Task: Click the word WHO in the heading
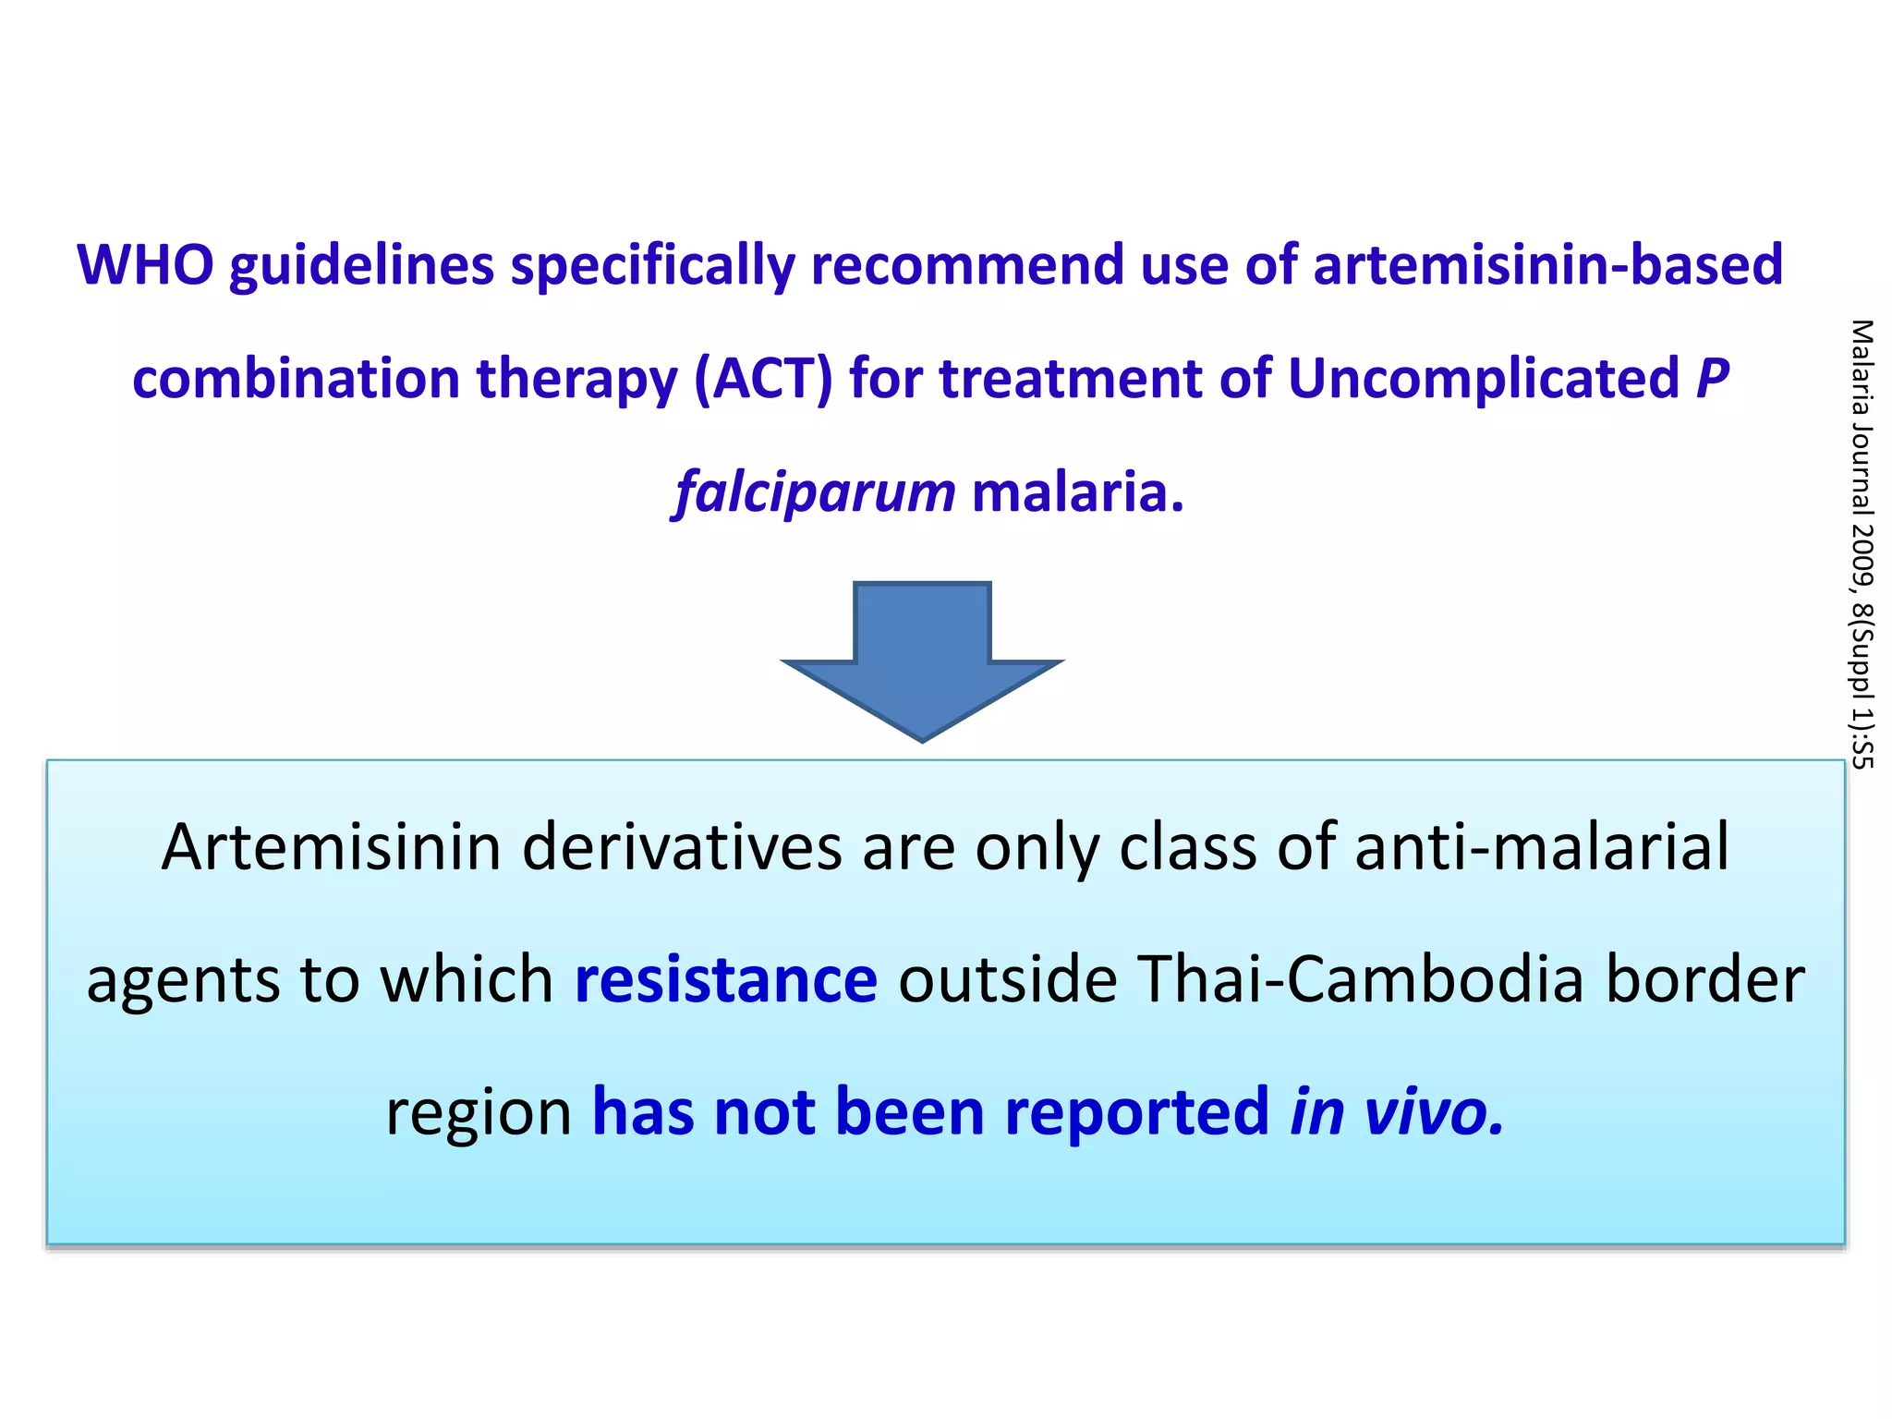coord(145,265)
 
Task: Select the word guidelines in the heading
coord(361,265)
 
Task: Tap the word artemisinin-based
coord(1547,265)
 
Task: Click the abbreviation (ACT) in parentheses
coord(763,379)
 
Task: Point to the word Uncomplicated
coord(1483,379)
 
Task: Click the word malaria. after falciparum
coord(1077,492)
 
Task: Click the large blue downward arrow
coord(922,660)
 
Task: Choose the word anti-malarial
coord(1541,847)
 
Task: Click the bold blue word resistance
coord(726,979)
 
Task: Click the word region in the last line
coord(479,1111)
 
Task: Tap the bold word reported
coord(1137,1111)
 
